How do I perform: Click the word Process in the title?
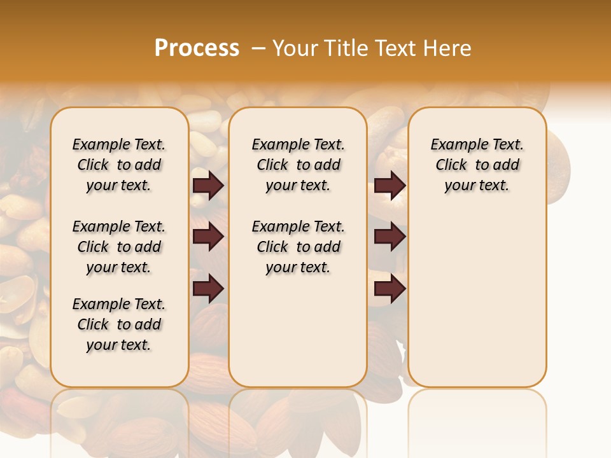tap(197, 48)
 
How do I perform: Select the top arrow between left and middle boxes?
tap(208, 186)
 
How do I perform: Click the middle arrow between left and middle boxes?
tap(208, 237)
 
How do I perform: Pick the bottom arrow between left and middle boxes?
tap(208, 289)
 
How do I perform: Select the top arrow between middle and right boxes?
tap(390, 186)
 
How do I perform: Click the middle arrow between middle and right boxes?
tap(390, 237)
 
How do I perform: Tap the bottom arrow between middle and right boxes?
tap(390, 289)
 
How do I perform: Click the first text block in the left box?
tap(119, 165)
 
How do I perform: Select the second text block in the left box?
tap(119, 247)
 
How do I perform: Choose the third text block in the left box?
tap(119, 324)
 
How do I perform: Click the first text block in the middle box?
tap(298, 165)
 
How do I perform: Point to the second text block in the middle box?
tap(298, 247)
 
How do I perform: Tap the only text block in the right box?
tap(477, 165)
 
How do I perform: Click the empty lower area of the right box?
tap(477, 305)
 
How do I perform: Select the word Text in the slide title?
tap(394, 48)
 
